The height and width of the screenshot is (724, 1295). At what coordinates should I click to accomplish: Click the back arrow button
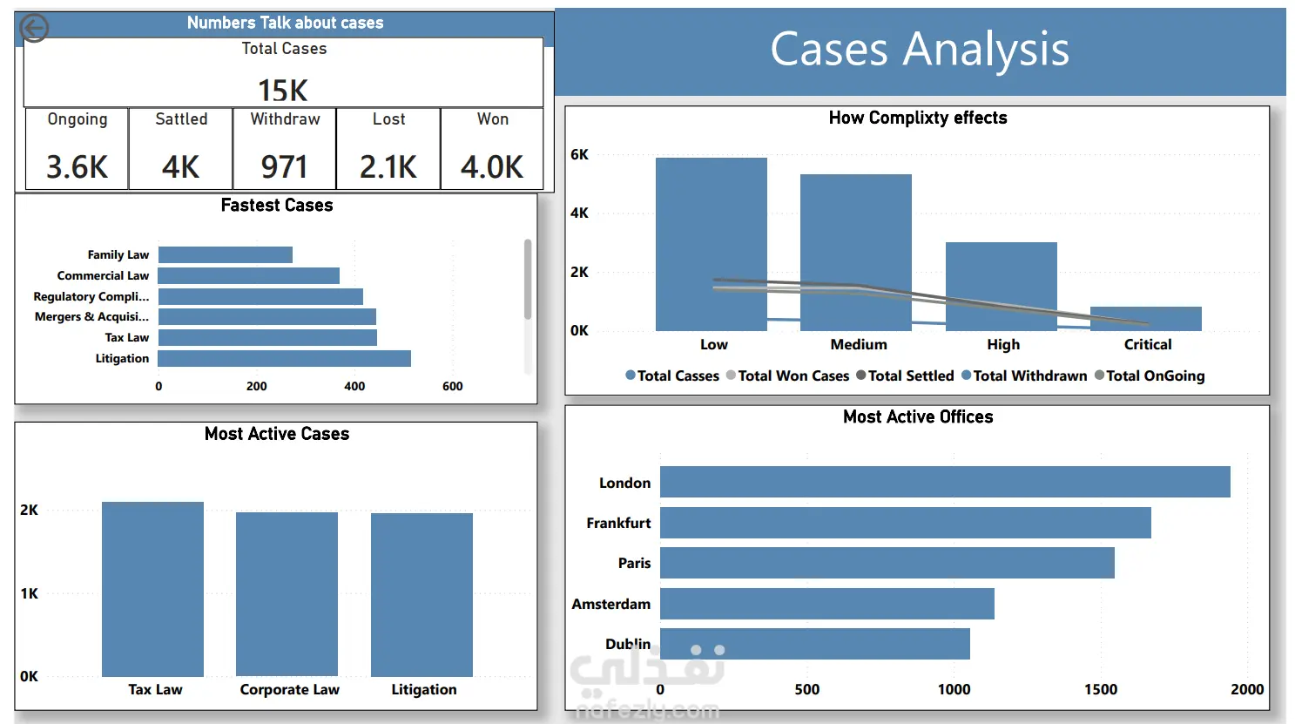[x=34, y=28]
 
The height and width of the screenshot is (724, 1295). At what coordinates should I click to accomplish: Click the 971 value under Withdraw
[x=284, y=167]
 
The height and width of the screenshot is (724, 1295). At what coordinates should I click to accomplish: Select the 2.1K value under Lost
[x=388, y=167]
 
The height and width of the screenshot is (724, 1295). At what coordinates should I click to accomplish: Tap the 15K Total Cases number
[x=283, y=91]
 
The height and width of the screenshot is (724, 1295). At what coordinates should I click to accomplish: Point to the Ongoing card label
[x=78, y=119]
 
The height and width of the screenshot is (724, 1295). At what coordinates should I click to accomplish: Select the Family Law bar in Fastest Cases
[x=226, y=254]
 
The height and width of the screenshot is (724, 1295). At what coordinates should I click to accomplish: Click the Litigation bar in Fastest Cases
[x=285, y=359]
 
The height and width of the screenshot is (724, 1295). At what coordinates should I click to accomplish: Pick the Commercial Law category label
[x=103, y=276]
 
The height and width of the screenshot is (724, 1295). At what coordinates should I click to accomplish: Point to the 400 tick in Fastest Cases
[x=354, y=386]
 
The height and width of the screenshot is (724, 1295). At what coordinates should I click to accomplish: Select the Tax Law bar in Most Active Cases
[x=152, y=589]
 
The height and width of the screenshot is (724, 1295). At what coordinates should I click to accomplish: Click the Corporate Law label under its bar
[x=290, y=689]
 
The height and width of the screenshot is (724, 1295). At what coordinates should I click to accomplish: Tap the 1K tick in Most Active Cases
[x=29, y=593]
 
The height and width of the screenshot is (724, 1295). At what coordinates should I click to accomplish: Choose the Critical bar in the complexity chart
[x=1146, y=319]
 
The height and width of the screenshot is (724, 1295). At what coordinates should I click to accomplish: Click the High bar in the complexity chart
[x=1002, y=287]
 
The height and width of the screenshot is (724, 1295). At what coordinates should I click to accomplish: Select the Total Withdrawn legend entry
[x=1024, y=376]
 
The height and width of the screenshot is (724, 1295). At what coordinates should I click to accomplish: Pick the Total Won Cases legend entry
[x=787, y=376]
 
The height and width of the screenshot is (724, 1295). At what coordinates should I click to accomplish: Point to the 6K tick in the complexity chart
[x=579, y=154]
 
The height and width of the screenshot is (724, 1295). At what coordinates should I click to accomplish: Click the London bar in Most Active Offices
[x=945, y=482]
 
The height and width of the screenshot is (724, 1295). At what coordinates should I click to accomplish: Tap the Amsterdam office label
[x=611, y=604]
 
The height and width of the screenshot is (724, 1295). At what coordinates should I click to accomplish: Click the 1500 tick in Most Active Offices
[x=1101, y=689]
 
